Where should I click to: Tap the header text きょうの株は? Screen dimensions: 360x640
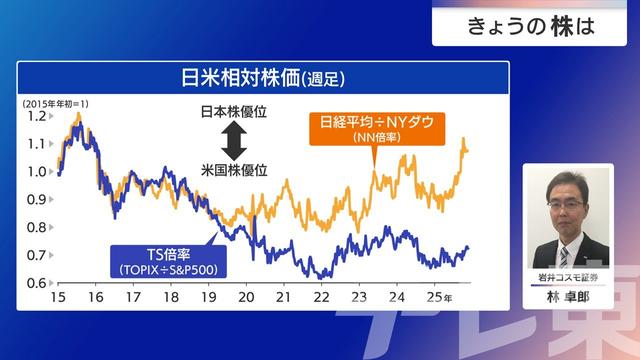click(531, 27)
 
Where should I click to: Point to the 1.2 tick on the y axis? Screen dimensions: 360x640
click(36, 116)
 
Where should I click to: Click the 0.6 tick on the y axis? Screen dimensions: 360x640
click(36, 284)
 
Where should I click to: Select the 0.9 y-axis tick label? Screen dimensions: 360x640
click(36, 200)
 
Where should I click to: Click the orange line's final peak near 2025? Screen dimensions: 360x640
click(462, 139)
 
